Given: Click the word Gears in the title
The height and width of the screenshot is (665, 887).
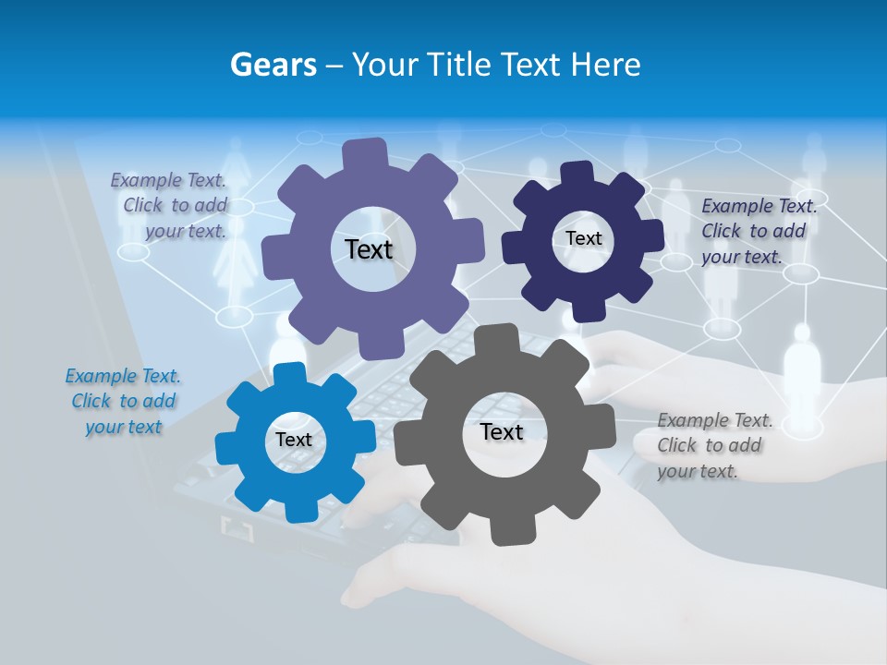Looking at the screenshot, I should (273, 65).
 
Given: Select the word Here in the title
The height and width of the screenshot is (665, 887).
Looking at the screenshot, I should (606, 65).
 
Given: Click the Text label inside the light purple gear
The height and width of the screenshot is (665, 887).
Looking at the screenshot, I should (369, 249).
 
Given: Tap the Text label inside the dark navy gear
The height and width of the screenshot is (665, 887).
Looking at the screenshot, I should (583, 238).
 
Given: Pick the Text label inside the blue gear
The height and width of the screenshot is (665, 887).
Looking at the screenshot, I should (294, 440).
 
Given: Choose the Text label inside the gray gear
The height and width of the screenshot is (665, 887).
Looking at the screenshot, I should (502, 431).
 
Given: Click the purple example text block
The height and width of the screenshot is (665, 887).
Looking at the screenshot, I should (169, 206).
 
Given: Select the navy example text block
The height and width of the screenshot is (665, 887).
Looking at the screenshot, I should (758, 231).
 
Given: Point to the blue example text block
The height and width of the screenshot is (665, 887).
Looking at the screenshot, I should (124, 401).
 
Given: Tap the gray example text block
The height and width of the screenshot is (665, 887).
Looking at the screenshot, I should (714, 445).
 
